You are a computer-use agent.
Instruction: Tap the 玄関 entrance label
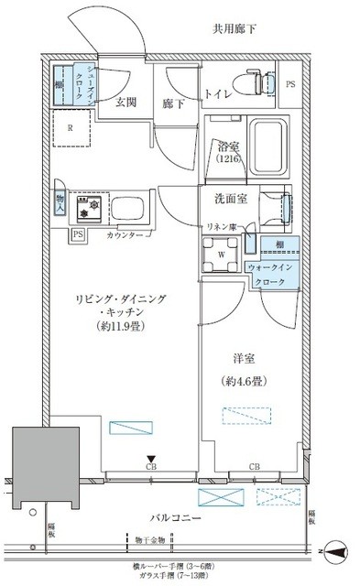click(x=126, y=103)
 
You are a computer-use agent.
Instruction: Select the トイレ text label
click(x=218, y=92)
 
